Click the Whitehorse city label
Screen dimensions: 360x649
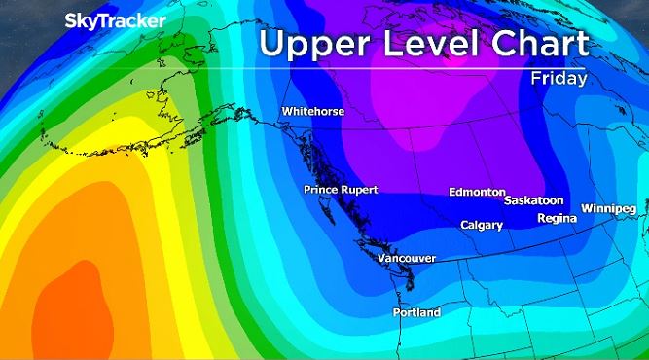313,112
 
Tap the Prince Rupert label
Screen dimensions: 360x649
340,190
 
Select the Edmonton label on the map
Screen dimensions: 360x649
477,192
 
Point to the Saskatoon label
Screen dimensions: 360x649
534,200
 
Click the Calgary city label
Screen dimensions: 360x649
482,226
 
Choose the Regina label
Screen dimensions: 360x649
557,218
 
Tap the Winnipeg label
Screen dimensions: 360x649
608,209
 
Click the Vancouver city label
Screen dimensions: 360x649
406,258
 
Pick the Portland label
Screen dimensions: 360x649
416,313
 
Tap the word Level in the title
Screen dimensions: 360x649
424,44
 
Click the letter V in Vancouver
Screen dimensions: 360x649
381,258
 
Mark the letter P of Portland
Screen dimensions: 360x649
396,313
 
